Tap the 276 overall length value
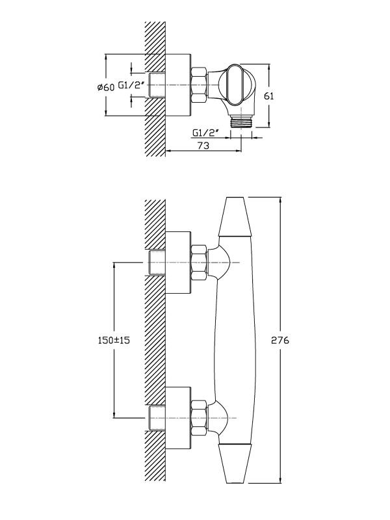click(x=282, y=340)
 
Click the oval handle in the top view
click(x=234, y=84)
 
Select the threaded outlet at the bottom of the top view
click(x=241, y=120)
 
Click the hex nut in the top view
click(x=199, y=84)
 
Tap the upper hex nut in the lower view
click(x=199, y=263)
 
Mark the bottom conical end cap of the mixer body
click(x=235, y=464)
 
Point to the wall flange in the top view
click(x=178, y=84)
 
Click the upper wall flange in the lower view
click(x=178, y=263)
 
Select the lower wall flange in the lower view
click(x=178, y=416)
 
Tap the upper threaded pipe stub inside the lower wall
click(x=157, y=263)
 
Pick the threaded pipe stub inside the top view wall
click(x=157, y=84)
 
